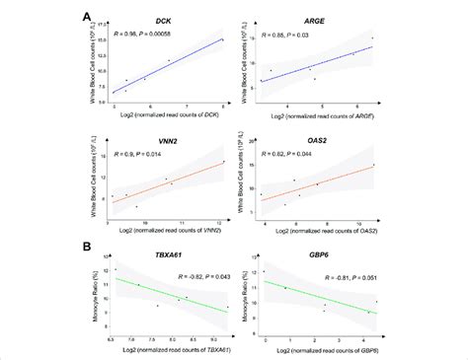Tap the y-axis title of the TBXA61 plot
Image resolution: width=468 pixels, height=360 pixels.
(x=99, y=297)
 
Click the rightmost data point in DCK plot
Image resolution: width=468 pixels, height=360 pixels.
(x=223, y=40)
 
